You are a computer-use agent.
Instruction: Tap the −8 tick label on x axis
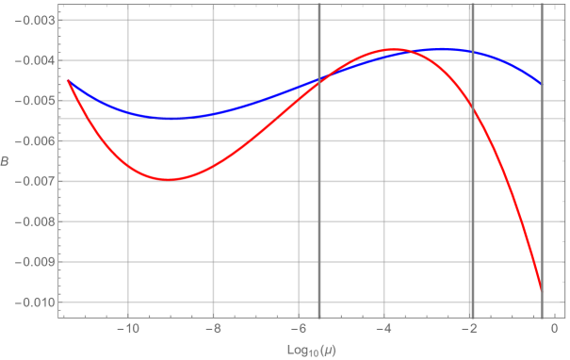214,329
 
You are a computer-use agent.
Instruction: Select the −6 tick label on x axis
298,329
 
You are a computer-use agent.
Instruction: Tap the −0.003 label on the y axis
36,21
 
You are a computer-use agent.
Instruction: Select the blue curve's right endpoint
541,85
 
